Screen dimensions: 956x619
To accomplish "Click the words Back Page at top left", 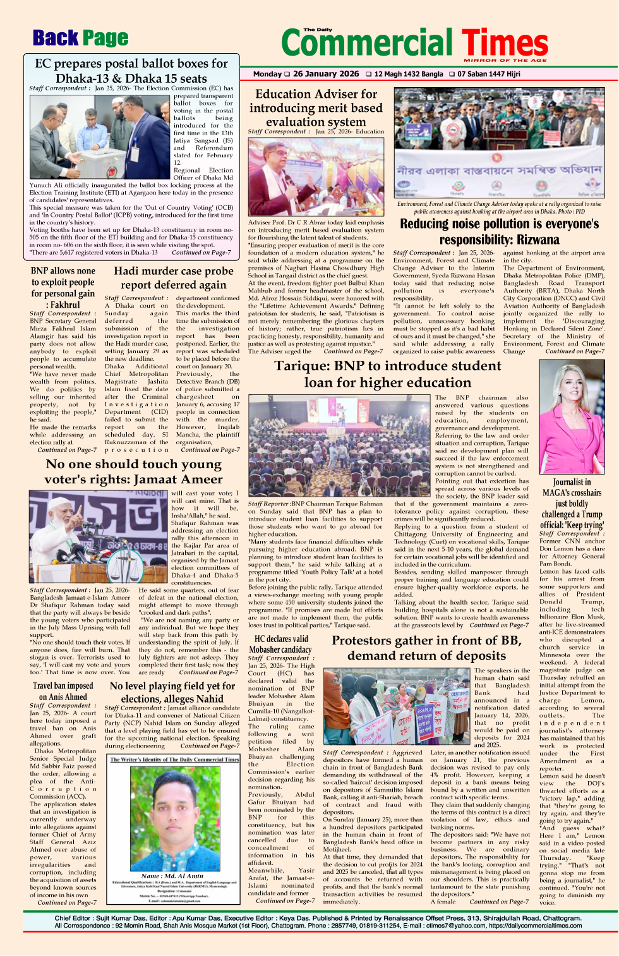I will (x=80, y=39).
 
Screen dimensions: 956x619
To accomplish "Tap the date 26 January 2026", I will (x=325, y=74).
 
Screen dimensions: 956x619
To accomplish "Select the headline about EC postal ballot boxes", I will (x=131, y=71).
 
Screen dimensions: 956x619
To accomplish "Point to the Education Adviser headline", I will (x=316, y=107).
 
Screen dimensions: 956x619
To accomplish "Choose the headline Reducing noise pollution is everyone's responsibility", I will (x=499, y=231).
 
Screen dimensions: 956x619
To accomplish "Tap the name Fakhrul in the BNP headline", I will (x=64, y=304).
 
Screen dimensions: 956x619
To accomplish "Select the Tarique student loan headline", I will (x=387, y=374).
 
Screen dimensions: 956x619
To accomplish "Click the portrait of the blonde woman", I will (x=571, y=420).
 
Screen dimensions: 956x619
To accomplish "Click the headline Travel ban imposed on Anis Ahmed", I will (x=63, y=691).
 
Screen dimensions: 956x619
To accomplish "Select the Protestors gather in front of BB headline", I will (x=426, y=648).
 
